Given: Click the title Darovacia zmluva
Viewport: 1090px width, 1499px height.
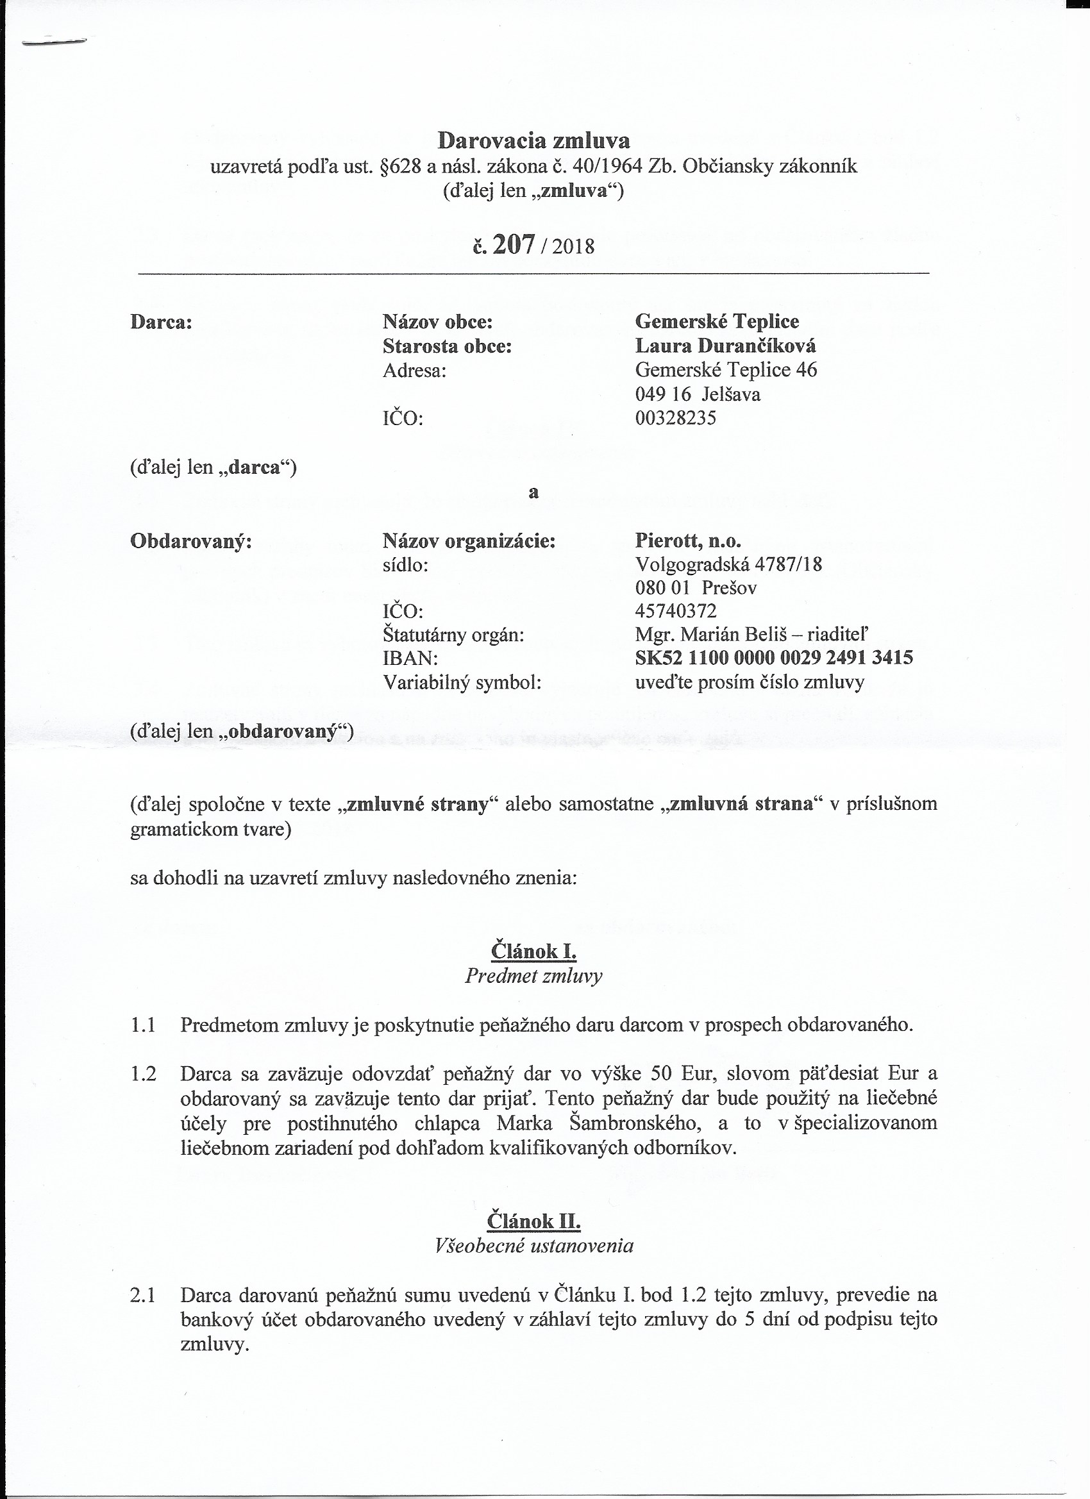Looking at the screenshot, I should tap(533, 140).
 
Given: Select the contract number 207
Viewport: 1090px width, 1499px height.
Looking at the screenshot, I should tap(513, 245).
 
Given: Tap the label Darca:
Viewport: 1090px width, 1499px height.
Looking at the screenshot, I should tap(162, 322).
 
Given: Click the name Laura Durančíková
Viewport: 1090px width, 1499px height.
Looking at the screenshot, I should tap(725, 346).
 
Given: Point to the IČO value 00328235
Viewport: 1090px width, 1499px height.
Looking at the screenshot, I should tap(675, 418).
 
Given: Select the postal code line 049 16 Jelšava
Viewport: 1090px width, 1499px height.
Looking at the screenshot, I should tap(698, 394).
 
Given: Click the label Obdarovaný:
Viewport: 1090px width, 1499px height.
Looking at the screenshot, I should tap(191, 541).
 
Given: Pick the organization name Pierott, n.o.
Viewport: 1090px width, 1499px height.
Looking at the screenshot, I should tap(687, 540).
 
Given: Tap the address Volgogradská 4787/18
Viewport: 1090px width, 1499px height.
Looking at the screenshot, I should tap(728, 564).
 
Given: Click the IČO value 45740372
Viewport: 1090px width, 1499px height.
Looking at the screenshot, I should tap(676, 611).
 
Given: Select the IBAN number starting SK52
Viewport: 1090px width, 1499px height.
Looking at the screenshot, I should tap(773, 658).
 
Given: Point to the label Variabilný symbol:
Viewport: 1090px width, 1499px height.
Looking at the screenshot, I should tap(462, 682).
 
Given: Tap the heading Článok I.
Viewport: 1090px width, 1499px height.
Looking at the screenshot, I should tap(533, 951).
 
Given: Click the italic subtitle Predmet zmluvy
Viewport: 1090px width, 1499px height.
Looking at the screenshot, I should tap(533, 976).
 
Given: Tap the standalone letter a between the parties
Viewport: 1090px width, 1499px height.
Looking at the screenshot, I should tap(533, 492).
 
